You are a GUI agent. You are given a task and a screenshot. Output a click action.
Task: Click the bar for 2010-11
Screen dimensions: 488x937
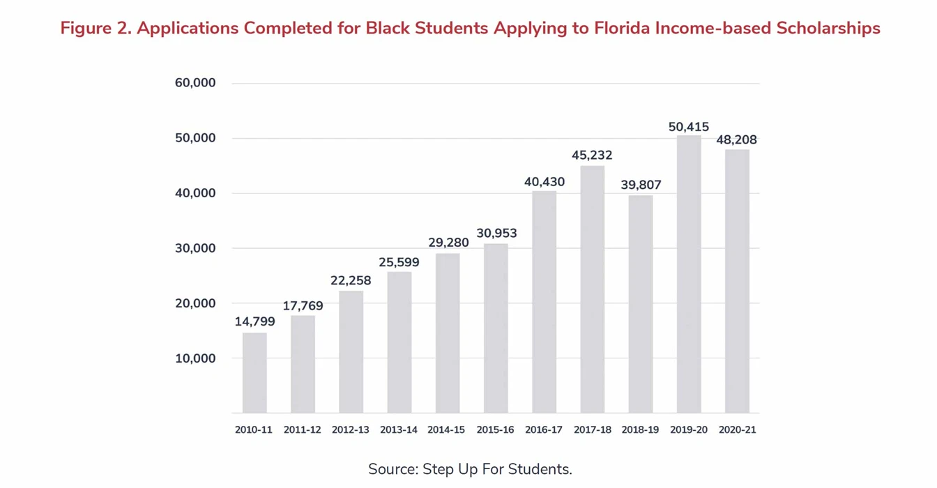[254, 373]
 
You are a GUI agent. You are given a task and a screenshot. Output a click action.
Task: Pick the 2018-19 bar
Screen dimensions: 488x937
[641, 304]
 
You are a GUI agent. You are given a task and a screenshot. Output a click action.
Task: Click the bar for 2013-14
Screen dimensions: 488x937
[399, 342]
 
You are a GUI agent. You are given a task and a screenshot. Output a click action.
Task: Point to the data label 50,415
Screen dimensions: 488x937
[689, 127]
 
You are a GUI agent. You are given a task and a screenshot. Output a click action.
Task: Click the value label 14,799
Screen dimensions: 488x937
[254, 321]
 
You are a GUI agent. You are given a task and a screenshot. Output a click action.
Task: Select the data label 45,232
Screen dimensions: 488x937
[592, 155]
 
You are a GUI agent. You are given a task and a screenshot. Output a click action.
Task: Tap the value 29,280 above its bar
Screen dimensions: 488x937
[448, 243]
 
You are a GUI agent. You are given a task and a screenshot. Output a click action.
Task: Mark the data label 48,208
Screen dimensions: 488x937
[737, 140]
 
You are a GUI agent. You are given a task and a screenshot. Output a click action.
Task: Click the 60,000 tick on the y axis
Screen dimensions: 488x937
[195, 83]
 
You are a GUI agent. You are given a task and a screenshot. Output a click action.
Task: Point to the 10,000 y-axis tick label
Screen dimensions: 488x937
[195, 358]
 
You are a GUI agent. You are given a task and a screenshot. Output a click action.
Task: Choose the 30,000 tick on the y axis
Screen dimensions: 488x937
[195, 248]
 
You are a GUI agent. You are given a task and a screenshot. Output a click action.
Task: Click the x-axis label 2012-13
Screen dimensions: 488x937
[351, 430]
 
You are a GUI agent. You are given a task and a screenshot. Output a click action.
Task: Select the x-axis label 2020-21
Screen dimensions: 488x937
[737, 430]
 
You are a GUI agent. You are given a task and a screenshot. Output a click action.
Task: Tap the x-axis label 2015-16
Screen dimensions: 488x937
[496, 430]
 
